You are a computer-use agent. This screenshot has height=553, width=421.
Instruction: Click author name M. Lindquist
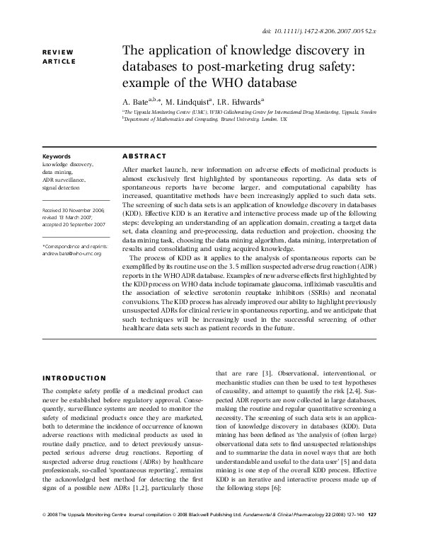(192, 101)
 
